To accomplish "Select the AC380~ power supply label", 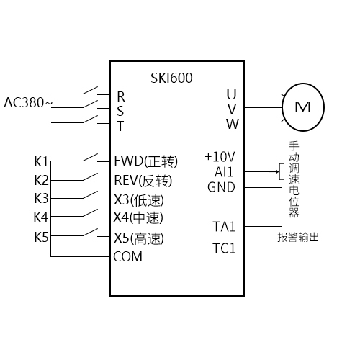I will tap(28, 102).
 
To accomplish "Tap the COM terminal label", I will tap(127, 256).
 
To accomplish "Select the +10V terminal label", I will tap(220, 156).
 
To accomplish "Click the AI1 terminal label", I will tap(224, 172).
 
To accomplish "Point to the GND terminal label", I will tap(220, 187).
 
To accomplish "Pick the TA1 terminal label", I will tap(224, 227).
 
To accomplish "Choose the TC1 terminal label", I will tap(224, 248).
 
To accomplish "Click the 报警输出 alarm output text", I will tap(298, 237).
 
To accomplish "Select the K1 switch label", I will tap(41, 161).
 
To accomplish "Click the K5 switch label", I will tap(41, 237).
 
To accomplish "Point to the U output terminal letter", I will tap(231, 94).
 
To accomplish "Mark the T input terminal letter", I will tap(120, 125).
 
